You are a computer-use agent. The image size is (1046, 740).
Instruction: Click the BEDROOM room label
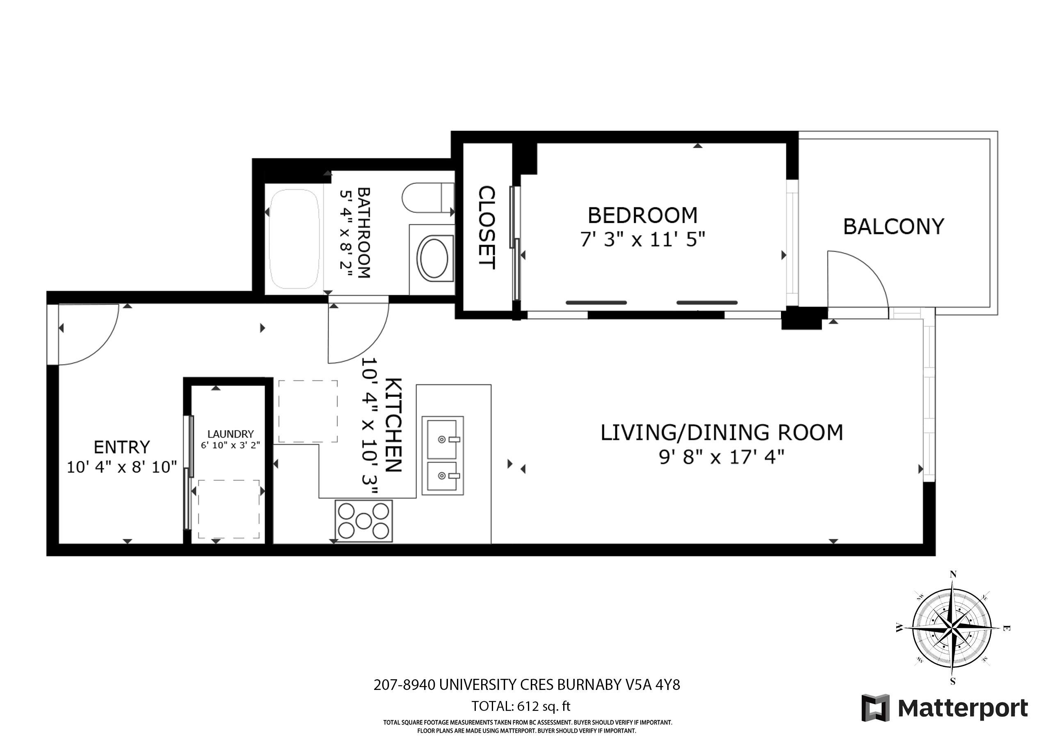click(642, 215)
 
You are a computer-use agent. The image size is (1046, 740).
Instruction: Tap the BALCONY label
click(893, 227)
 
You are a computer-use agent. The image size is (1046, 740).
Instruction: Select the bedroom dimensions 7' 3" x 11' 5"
click(642, 239)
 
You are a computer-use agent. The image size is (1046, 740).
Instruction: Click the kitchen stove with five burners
click(363, 521)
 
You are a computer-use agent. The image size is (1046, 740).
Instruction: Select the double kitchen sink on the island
click(442, 456)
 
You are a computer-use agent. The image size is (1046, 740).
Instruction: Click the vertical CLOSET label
click(486, 227)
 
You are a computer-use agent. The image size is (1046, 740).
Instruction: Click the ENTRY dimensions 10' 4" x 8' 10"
click(122, 467)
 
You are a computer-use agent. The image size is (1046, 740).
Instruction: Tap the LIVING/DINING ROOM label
click(722, 433)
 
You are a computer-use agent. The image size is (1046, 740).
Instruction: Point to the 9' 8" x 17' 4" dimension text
click(722, 457)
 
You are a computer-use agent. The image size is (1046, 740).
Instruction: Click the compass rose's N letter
click(952, 575)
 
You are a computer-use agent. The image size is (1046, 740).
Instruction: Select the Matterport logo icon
click(875, 708)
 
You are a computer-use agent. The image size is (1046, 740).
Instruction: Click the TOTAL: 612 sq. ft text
click(521, 706)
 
